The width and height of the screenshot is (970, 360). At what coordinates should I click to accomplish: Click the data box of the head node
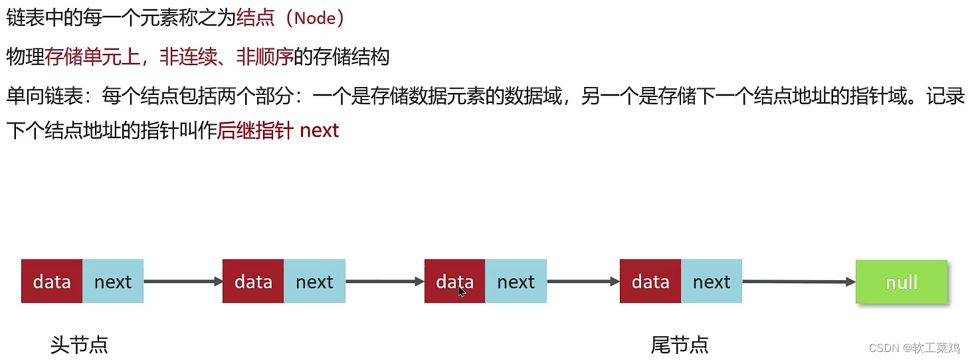[x=52, y=282]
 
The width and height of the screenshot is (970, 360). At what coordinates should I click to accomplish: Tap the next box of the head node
[x=113, y=282]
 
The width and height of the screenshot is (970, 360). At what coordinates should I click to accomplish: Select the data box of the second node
[x=253, y=282]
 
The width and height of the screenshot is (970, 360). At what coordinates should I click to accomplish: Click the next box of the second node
[x=314, y=282]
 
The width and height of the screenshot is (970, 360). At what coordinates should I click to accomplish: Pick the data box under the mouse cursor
[x=454, y=282]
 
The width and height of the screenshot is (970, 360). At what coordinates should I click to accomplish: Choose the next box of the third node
[x=516, y=282]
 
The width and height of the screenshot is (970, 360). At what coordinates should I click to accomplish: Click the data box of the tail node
[x=650, y=282]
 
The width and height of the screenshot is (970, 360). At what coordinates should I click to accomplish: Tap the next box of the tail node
[x=711, y=282]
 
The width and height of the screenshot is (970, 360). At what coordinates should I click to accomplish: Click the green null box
[x=902, y=282]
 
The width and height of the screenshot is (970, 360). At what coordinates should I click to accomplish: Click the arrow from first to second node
[x=183, y=282]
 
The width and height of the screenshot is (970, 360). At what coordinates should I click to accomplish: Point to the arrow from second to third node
[x=385, y=282]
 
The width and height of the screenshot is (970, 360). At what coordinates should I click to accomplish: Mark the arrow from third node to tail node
[x=583, y=282]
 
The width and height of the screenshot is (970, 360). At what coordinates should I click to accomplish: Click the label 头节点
[x=79, y=345]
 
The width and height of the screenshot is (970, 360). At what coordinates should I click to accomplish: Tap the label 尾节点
[x=680, y=345]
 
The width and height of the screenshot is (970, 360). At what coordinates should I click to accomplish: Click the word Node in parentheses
[x=316, y=18]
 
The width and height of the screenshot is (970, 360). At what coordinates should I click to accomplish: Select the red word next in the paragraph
[x=320, y=130]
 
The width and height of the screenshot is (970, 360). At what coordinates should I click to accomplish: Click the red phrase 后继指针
[x=255, y=130]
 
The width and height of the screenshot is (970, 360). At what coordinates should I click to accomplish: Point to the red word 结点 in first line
[x=255, y=18]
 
